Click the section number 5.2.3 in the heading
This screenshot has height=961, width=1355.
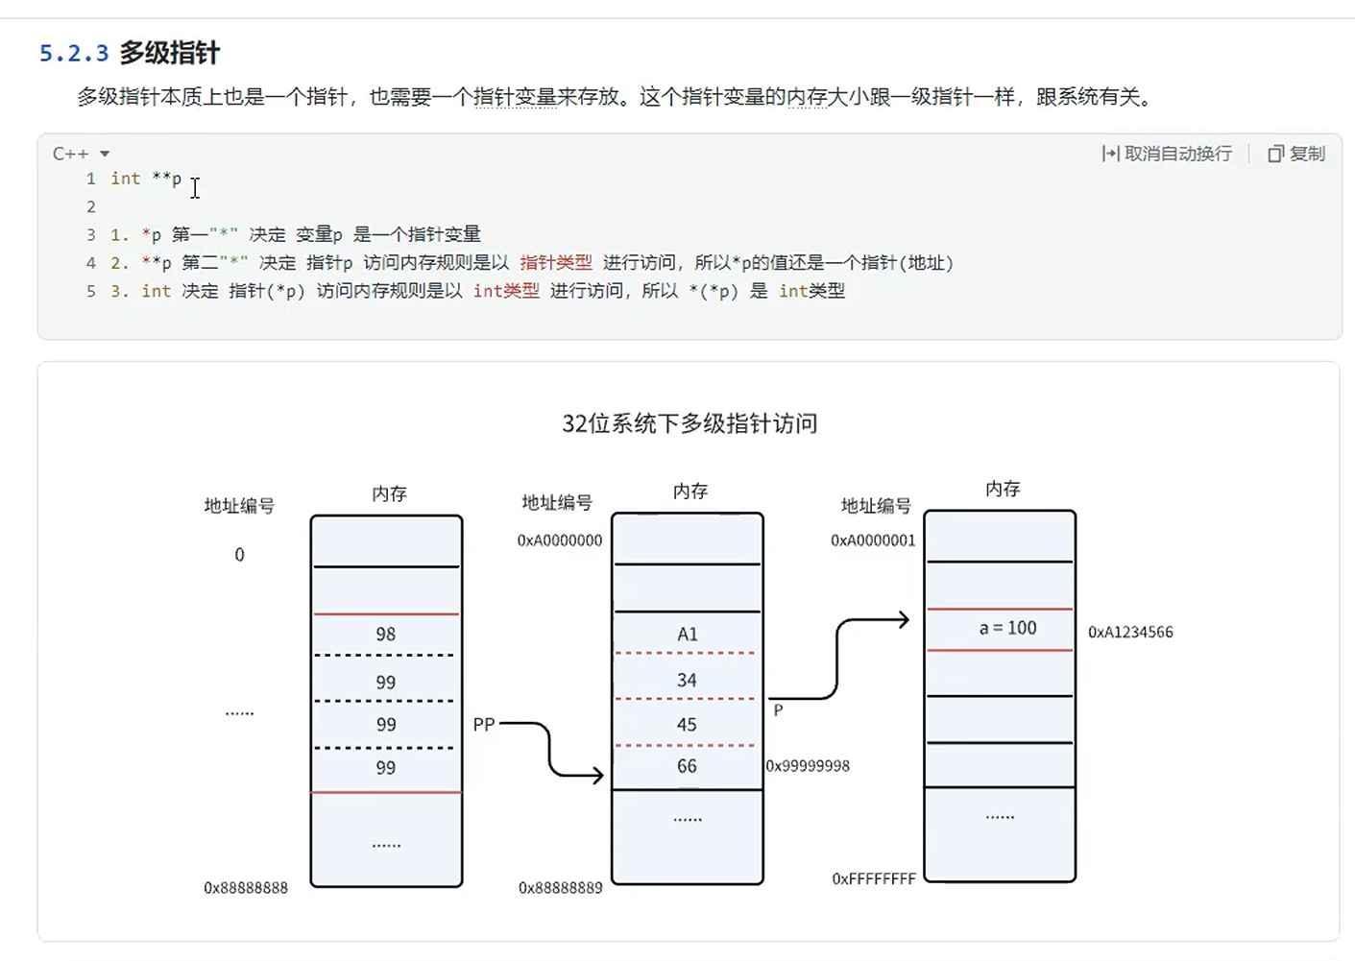[x=74, y=53]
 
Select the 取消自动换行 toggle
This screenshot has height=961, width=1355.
[x=1167, y=154]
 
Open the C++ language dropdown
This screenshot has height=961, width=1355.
[x=81, y=154]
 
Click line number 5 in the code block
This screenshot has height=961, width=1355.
[x=91, y=291]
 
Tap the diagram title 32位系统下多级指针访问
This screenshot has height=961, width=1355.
[x=690, y=423]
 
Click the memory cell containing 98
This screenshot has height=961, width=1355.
[x=385, y=635]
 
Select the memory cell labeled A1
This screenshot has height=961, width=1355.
[x=687, y=634]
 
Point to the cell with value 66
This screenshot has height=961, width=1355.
[x=687, y=766]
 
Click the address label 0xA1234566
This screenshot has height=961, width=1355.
[x=1130, y=632]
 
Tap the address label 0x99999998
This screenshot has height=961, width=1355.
[x=808, y=766]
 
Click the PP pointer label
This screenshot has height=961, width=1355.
[x=483, y=725]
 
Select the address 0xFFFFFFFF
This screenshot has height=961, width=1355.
[x=874, y=878]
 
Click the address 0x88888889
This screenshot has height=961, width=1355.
[x=560, y=888]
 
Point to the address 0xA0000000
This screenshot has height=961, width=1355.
[x=560, y=541]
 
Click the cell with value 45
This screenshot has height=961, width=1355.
[x=687, y=725]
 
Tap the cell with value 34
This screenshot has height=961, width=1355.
[x=687, y=681]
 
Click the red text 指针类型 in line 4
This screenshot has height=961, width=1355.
[x=556, y=263]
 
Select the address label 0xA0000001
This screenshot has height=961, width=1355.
[x=873, y=541]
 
